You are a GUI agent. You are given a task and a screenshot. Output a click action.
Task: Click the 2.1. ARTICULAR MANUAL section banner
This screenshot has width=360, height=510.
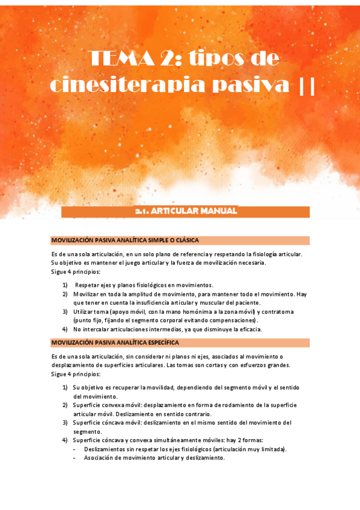pyautogui.click(x=186, y=211)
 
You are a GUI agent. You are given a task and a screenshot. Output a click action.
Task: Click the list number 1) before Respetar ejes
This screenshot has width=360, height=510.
pyautogui.click(x=65, y=284)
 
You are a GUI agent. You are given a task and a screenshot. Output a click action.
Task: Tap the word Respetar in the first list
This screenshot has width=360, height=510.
pyautogui.click(x=88, y=284)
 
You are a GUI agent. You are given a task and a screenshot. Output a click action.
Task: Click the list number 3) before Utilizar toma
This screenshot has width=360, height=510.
pyautogui.click(x=65, y=312)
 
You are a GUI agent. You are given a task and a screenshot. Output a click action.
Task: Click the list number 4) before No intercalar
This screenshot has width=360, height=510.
pyautogui.click(x=65, y=329)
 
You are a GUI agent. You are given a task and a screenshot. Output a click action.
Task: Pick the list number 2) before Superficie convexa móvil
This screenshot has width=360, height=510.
pyautogui.click(x=65, y=405)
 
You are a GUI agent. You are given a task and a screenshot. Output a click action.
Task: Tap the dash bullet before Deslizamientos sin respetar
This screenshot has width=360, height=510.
pyautogui.click(x=74, y=449)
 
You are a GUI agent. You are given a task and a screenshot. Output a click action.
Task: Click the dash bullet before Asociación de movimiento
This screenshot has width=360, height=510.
pyautogui.click(x=74, y=458)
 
